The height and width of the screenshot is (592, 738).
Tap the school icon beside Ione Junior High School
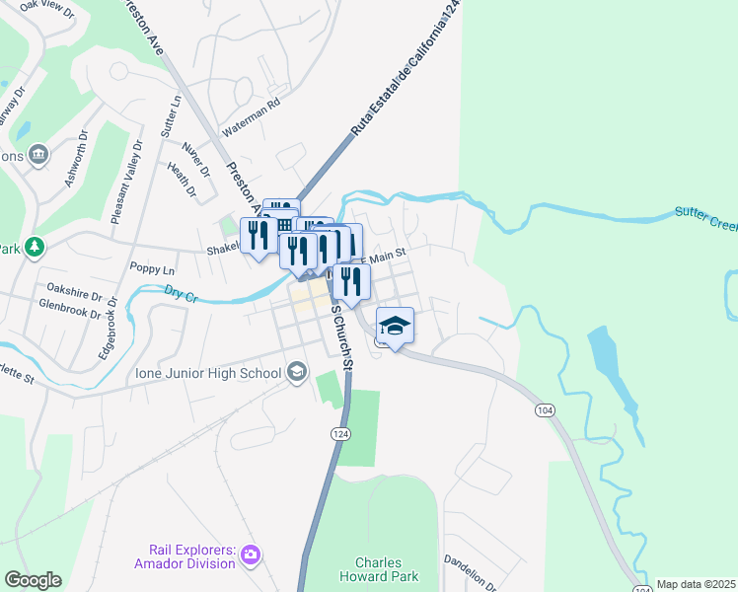coord(296,373)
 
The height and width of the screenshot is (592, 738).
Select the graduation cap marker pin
coord(395,327)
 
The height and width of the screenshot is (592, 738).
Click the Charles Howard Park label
coord(380,569)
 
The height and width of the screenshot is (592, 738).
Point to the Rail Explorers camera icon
coord(252,555)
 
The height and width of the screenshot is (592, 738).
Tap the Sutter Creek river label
coord(705,218)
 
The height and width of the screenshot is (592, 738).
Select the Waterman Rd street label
coord(252,114)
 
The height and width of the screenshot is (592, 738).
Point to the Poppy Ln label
coord(151,269)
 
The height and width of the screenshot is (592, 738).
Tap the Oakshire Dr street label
coord(74,294)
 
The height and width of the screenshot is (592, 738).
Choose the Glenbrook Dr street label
coord(66,312)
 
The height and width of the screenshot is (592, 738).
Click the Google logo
coord(33,580)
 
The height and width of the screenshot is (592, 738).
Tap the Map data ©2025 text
coord(696,584)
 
